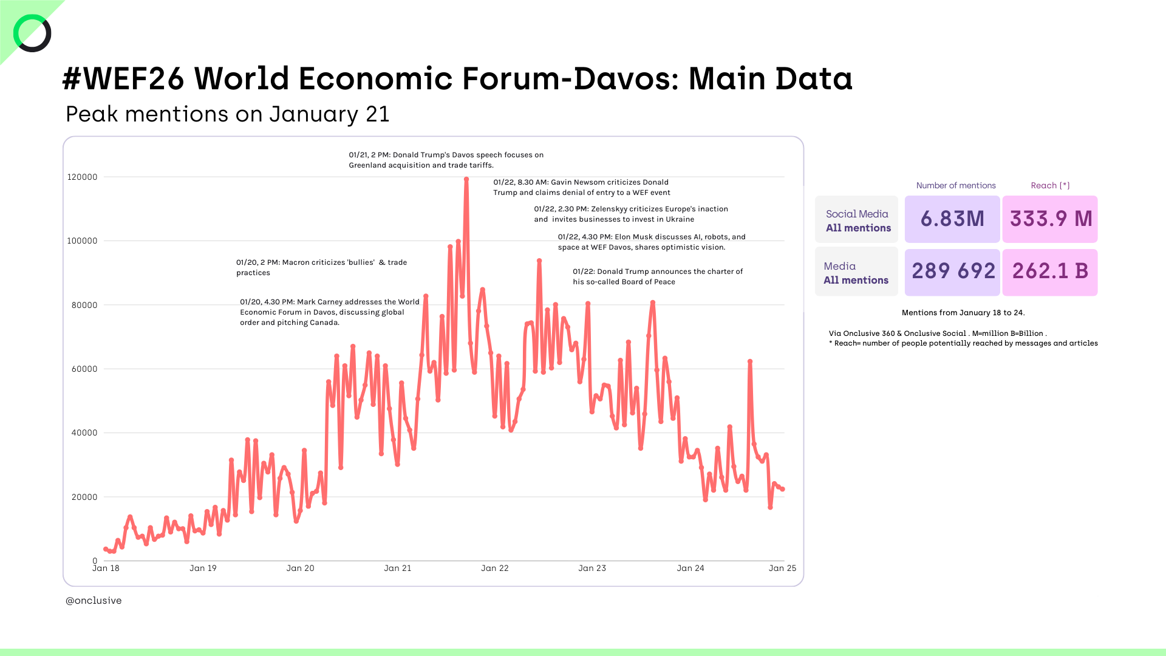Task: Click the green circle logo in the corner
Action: pos(32,33)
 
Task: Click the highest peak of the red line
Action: pos(466,179)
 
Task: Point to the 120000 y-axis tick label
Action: pos(82,177)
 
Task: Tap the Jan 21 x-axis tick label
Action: pos(398,569)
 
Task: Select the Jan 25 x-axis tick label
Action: pos(782,569)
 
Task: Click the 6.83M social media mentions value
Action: pos(952,219)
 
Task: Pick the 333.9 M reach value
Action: pos(1051,219)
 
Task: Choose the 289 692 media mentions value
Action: pos(953,272)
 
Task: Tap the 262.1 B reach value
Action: pos(1050,272)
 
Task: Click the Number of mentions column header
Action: pos(956,186)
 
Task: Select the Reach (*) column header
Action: pos(1050,186)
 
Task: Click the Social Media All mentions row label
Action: pos(857,220)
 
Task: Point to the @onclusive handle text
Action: pos(94,601)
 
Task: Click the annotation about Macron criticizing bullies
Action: pos(321,268)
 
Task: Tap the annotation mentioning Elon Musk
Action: pos(651,242)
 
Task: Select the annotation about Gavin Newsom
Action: pos(581,188)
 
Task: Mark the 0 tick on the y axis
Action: pos(95,561)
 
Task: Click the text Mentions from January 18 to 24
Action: pos(963,313)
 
